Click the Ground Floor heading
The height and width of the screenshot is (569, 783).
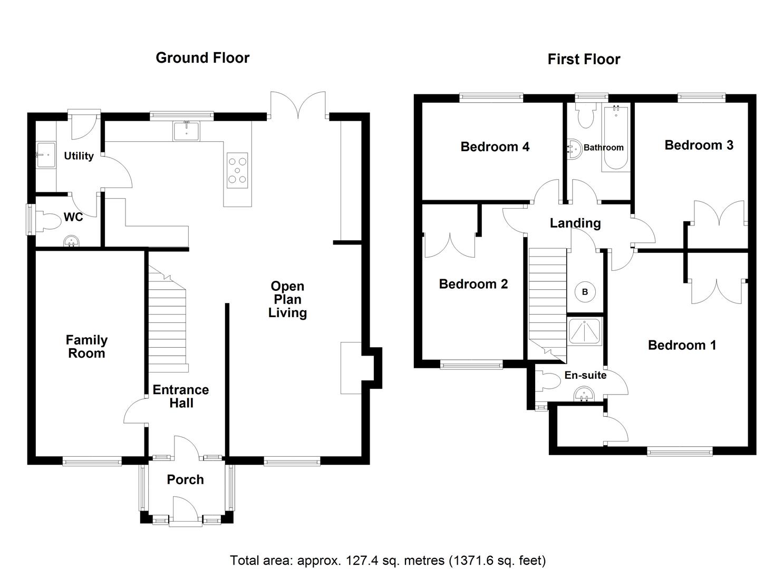[x=202, y=58]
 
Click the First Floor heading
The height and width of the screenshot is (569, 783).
[x=584, y=60]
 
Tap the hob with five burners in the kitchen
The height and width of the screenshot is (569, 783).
[x=238, y=170]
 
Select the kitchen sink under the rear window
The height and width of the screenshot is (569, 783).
[x=187, y=131]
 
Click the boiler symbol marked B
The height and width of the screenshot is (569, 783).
[x=585, y=292]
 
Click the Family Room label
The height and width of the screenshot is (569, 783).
[x=86, y=347]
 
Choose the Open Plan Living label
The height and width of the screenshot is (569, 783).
[x=287, y=299]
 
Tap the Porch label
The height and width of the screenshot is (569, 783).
[x=185, y=479]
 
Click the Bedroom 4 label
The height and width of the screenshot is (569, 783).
[x=495, y=146]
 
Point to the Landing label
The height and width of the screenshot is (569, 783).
[x=575, y=223]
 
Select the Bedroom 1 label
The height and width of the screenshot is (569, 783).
[x=682, y=345]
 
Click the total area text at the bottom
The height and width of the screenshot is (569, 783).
[x=388, y=560]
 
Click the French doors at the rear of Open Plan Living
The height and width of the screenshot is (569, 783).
[x=298, y=105]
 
